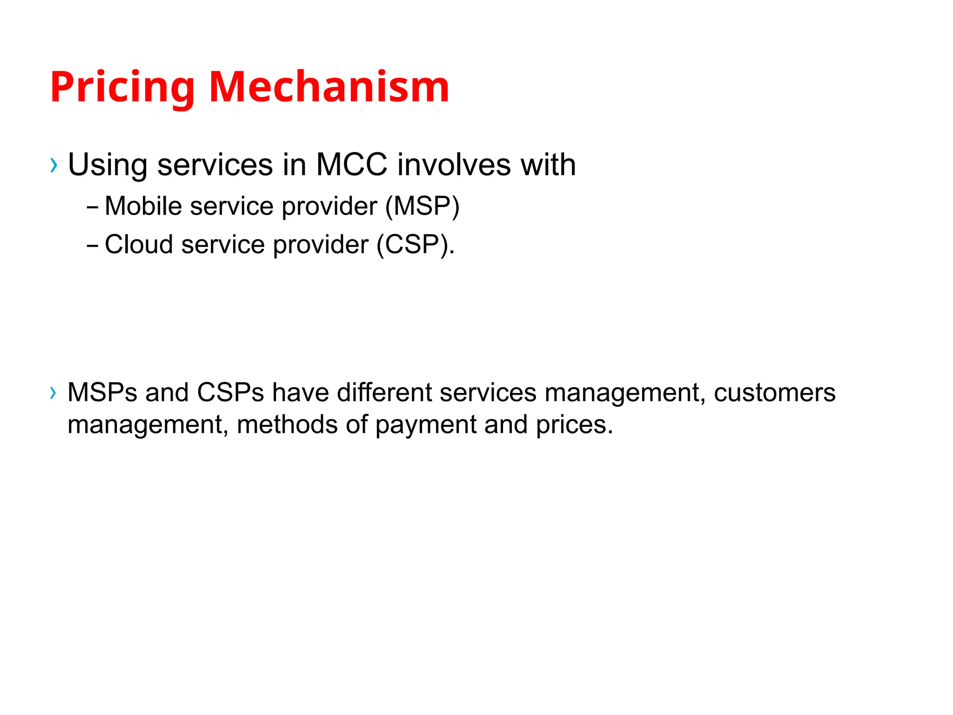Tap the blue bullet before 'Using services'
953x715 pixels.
pyautogui.click(x=54, y=165)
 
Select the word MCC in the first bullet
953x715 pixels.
pyautogui.click(x=351, y=165)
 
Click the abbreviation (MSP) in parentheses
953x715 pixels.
pyautogui.click(x=422, y=206)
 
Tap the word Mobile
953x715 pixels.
pyautogui.click(x=143, y=206)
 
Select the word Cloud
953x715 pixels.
pyautogui.click(x=139, y=244)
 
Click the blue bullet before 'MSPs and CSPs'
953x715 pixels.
pyautogui.click(x=53, y=393)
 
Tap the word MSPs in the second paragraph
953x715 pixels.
pyautogui.click(x=102, y=393)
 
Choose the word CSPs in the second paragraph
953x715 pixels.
pyautogui.click(x=230, y=393)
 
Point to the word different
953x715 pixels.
pyautogui.click(x=384, y=393)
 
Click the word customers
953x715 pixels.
pyautogui.click(x=774, y=393)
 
